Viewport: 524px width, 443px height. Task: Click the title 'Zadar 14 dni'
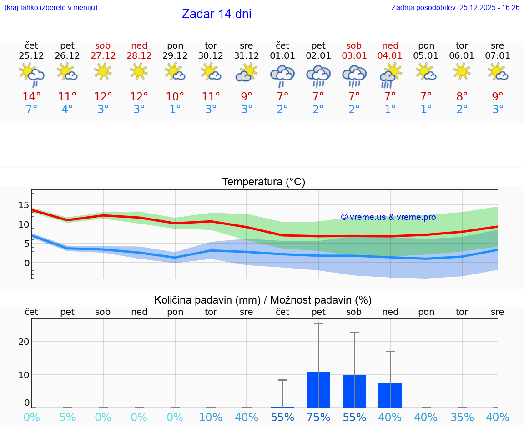[x=217, y=14]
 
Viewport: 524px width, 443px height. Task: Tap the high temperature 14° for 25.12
[x=31, y=97]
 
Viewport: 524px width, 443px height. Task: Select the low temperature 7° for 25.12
[x=31, y=110]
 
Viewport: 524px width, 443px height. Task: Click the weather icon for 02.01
[x=318, y=75]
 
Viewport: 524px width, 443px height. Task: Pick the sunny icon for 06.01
[x=462, y=71]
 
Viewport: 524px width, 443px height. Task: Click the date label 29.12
[x=175, y=56]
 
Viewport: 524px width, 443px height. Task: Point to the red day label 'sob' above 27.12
[x=103, y=46]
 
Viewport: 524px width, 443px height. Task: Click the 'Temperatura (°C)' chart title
[x=263, y=182]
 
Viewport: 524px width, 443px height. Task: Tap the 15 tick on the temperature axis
[x=24, y=205]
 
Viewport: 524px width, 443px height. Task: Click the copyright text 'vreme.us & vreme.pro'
[x=388, y=217]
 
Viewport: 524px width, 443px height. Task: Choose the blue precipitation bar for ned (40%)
[x=390, y=396]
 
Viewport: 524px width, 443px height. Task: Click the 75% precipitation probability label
[x=318, y=418]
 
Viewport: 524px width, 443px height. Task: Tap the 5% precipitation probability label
[x=67, y=418]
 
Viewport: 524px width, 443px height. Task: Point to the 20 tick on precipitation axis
[x=24, y=342]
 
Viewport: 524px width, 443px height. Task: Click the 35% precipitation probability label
[x=462, y=418]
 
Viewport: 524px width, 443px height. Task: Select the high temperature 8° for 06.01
[x=462, y=97]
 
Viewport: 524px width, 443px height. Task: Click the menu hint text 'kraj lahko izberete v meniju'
[x=51, y=8]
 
